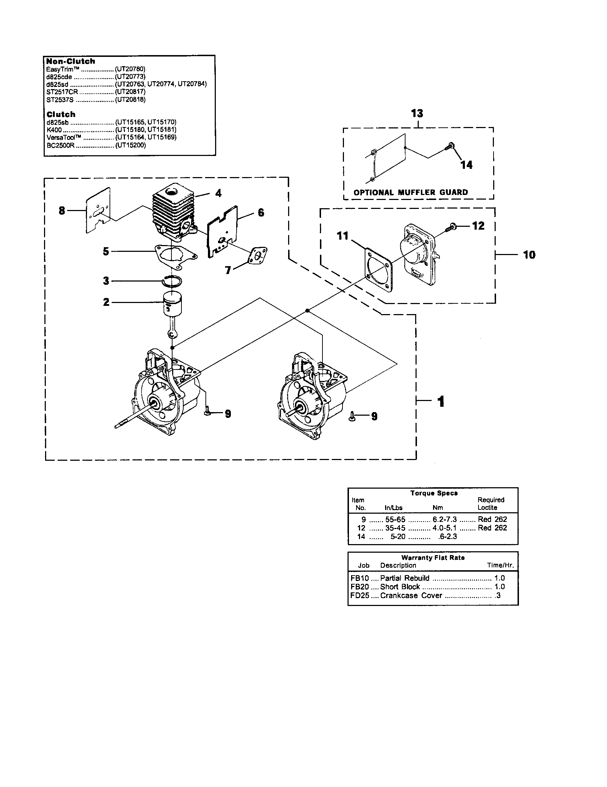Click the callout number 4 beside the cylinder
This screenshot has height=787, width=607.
[218, 193]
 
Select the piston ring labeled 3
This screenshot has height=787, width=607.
[172, 281]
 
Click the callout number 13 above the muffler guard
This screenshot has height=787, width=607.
[417, 113]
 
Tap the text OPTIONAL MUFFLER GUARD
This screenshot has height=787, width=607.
[411, 192]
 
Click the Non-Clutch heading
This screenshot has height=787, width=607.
[71, 61]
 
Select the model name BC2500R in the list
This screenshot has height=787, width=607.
[60, 145]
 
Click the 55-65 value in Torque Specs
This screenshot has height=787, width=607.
[395, 519]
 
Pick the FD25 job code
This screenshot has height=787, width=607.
[359, 596]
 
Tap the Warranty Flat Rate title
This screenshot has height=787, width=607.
[433, 557]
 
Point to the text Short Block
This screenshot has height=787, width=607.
[400, 587]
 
